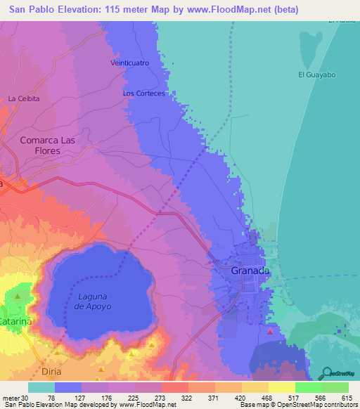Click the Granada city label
(x=250, y=271)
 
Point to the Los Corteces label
(x=143, y=93)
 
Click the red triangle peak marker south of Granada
(x=270, y=330)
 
